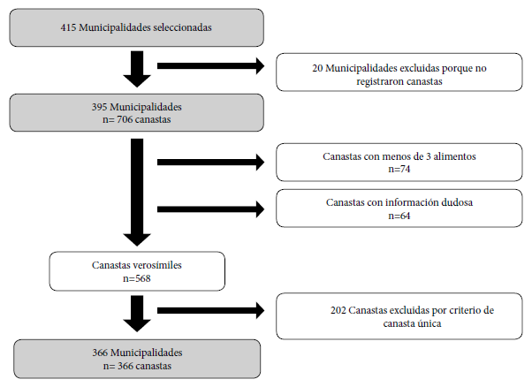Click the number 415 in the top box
68,27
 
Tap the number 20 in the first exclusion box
317,68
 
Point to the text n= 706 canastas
137,120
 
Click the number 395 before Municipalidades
99,107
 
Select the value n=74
399,169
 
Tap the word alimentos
454,156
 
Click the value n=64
399,216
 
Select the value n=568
137,278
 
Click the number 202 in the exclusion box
338,310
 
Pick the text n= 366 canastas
137,366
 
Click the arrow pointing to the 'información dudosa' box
210,209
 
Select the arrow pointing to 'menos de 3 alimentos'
210,162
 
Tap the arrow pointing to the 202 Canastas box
210,310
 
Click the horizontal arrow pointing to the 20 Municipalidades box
210,66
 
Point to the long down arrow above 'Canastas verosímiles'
137,193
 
